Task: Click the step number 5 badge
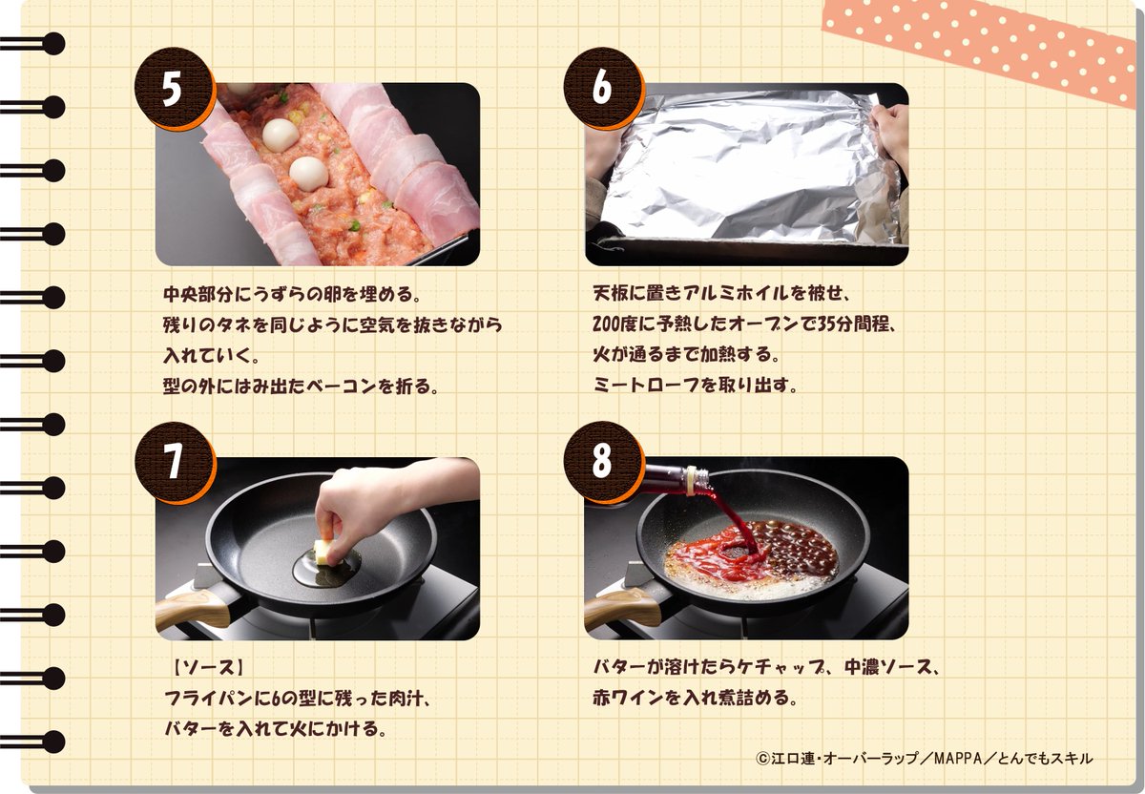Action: [x=174, y=89]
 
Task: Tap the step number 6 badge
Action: [x=603, y=88]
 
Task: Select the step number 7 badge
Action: [x=174, y=463]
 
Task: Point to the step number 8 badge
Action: [x=603, y=462]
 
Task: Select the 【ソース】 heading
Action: [x=206, y=667]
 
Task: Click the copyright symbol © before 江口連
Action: [x=763, y=758]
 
